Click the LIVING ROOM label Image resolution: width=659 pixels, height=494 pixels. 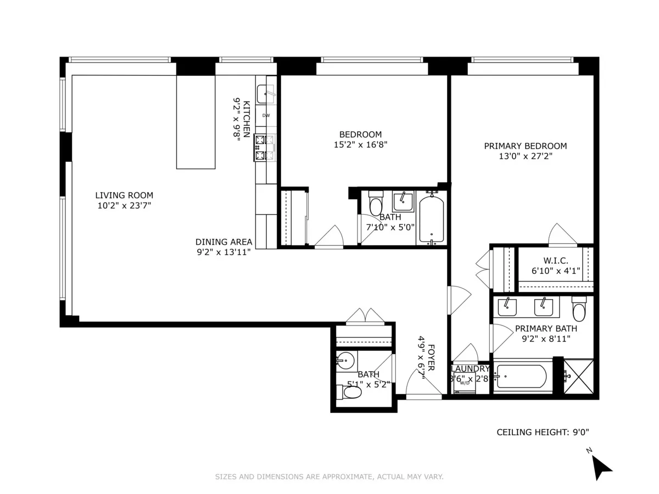pos(124,195)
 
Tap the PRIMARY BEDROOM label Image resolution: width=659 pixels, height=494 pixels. pos(525,146)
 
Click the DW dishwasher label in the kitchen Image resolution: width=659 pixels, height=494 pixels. pos(266,115)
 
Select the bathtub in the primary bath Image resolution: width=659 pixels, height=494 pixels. pos(521,377)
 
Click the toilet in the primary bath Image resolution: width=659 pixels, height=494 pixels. pos(579,310)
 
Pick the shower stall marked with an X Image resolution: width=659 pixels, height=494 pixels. pos(579,376)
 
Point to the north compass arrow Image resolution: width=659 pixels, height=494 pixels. pos(602,467)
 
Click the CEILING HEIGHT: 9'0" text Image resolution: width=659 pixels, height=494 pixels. pos(539,433)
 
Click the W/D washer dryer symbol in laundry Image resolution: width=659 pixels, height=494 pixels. pos(464,383)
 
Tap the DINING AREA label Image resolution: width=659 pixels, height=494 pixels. pos(224,242)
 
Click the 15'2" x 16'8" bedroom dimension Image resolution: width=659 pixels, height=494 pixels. pos(360,145)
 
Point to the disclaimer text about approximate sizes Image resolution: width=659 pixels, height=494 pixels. pos(329,477)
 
